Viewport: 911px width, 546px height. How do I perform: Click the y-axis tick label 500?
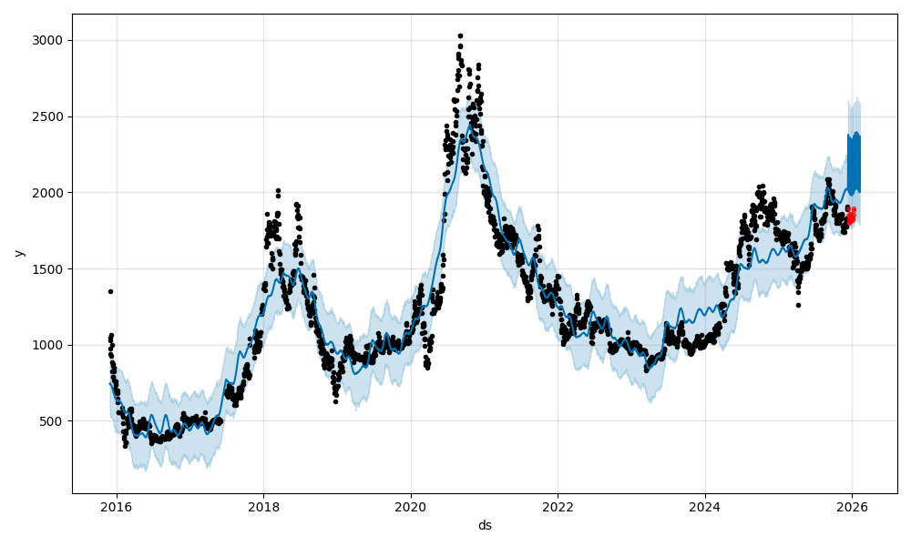pyautogui.click(x=54, y=421)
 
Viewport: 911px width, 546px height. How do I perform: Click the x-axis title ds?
pyautogui.click(x=485, y=525)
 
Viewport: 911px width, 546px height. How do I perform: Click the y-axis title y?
pyautogui.click(x=19, y=253)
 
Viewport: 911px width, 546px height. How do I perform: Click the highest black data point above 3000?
pyautogui.click(x=460, y=35)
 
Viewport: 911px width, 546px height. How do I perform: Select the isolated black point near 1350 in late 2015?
pyautogui.click(x=110, y=291)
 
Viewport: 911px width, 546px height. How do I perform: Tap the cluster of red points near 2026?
pyautogui.click(x=851, y=217)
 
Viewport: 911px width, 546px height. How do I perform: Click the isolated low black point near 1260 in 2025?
pyautogui.click(x=798, y=305)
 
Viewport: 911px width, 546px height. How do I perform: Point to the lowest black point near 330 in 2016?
pyautogui.click(x=126, y=446)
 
